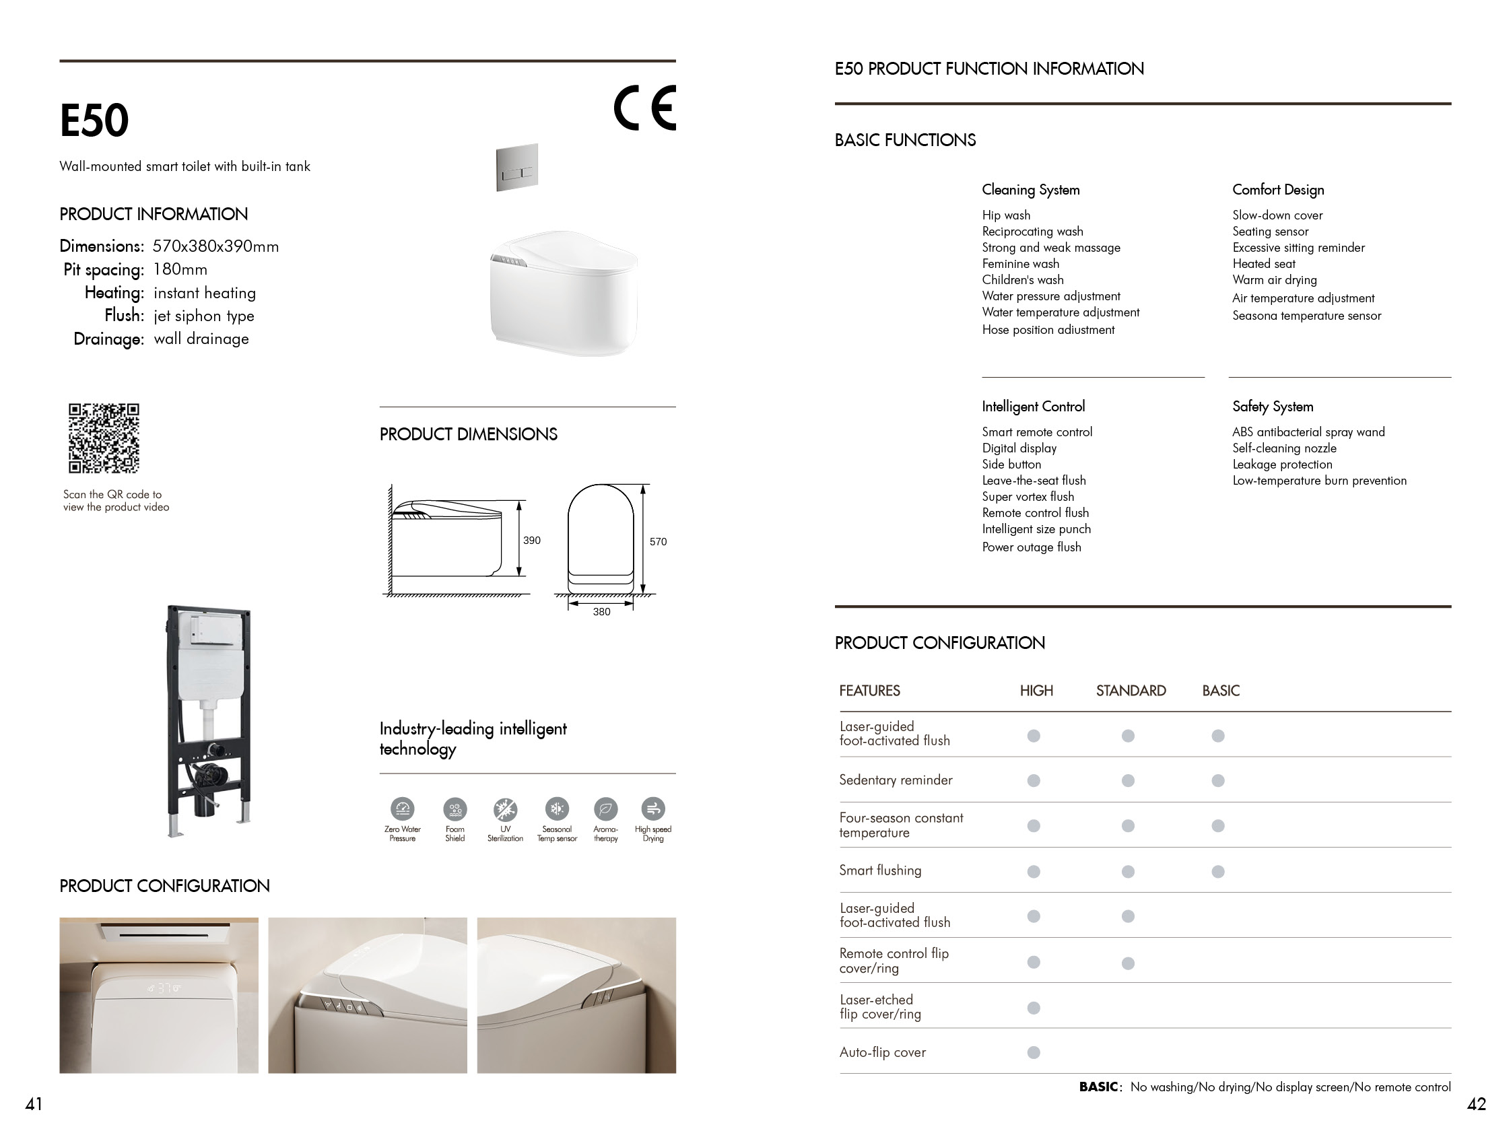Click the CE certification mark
pyautogui.click(x=644, y=108)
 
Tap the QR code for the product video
pyautogui.click(x=104, y=438)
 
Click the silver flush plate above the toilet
pyautogui.click(x=517, y=168)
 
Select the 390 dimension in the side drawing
pyautogui.click(x=531, y=540)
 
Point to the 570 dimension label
pyautogui.click(x=658, y=541)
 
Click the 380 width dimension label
pyautogui.click(x=601, y=612)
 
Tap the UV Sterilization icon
pyautogui.click(x=506, y=809)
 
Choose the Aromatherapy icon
pyautogui.click(x=605, y=809)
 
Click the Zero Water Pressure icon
pyautogui.click(x=403, y=809)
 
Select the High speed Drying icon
pyautogui.click(x=653, y=809)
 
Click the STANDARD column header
pyautogui.click(x=1131, y=691)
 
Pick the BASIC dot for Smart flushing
pyautogui.click(x=1218, y=871)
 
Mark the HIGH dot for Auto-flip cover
pyautogui.click(x=1034, y=1052)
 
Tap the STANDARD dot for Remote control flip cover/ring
pyautogui.click(x=1128, y=963)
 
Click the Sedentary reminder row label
pyautogui.click(x=896, y=780)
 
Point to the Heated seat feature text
pyautogui.click(x=1264, y=264)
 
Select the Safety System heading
pyautogui.click(x=1273, y=407)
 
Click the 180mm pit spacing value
pyautogui.click(x=180, y=269)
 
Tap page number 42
pyautogui.click(x=1476, y=1104)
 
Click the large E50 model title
pyautogui.click(x=94, y=121)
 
